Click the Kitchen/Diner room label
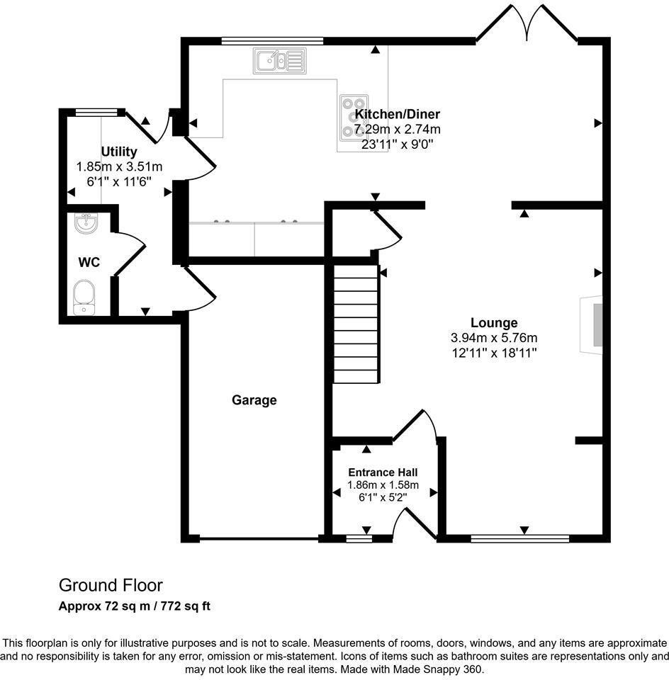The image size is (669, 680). [398, 114]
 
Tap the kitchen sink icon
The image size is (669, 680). [279, 61]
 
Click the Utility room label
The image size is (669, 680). [119, 152]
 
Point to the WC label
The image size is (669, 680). [89, 262]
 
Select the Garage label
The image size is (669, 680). [254, 400]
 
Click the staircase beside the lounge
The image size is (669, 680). [356, 324]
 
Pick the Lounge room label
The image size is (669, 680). [494, 323]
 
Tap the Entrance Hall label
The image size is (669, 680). [383, 472]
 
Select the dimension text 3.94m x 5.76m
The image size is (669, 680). [494, 338]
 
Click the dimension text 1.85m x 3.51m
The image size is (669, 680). [119, 166]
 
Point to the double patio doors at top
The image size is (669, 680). [527, 25]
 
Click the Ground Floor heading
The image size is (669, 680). [111, 585]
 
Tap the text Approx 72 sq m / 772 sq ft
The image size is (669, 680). [135, 606]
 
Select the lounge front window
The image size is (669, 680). [520, 539]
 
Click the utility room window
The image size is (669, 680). [96, 111]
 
